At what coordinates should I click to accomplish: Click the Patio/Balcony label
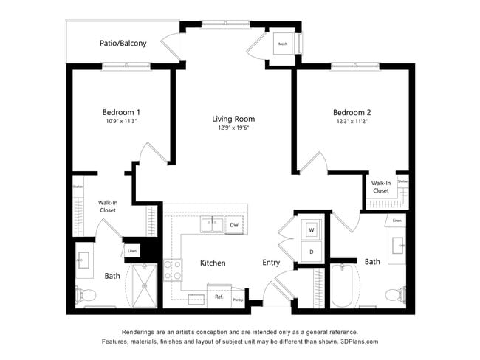pyautogui.click(x=123, y=44)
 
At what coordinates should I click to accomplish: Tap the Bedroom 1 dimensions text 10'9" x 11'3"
pyautogui.click(x=123, y=121)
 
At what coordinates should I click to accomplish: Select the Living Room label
pyautogui.click(x=233, y=119)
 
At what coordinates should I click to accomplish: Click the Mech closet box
pyautogui.click(x=283, y=44)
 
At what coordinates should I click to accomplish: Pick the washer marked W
pyautogui.click(x=311, y=229)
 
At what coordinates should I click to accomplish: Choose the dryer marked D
pyautogui.click(x=311, y=252)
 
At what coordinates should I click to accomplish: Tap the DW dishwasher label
pyautogui.click(x=234, y=225)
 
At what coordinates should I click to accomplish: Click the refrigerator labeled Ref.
pyautogui.click(x=219, y=297)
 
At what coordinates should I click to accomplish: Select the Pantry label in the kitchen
pyautogui.click(x=238, y=300)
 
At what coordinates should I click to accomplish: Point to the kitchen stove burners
pyautogui.click(x=173, y=270)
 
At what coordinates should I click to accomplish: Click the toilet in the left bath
pyautogui.click(x=86, y=295)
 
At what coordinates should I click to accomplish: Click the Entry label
pyautogui.click(x=271, y=263)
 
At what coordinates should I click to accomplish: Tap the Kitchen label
pyautogui.click(x=213, y=263)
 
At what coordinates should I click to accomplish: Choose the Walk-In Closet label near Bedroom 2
pyautogui.click(x=380, y=187)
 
